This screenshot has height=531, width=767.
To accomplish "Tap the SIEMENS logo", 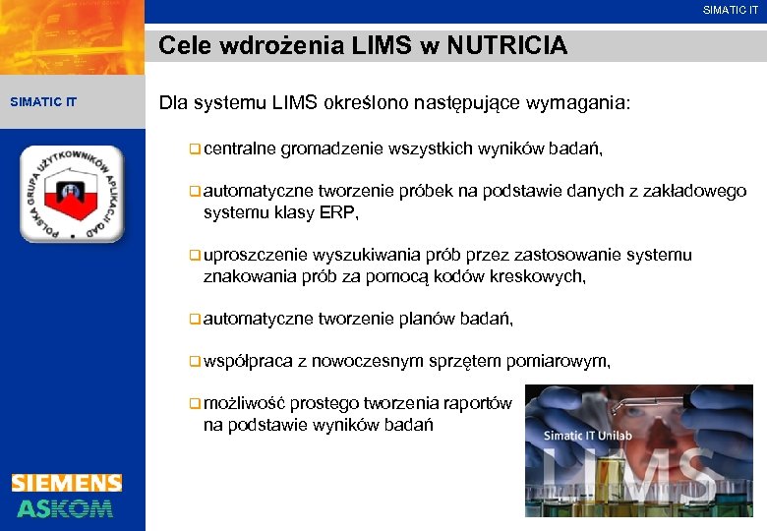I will (x=67, y=483).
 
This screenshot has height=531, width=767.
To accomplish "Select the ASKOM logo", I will (x=65, y=507).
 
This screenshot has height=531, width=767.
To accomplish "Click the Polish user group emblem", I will (x=72, y=194).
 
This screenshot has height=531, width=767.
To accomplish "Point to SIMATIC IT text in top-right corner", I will (x=731, y=11).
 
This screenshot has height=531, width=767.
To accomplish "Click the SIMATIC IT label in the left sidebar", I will (x=43, y=101).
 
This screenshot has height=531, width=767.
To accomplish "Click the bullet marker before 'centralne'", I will (x=196, y=149).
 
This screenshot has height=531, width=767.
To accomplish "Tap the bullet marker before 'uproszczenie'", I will (x=196, y=256).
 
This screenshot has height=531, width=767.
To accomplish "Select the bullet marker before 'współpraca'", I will (x=196, y=362).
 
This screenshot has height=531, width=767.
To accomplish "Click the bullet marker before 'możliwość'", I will (x=196, y=404).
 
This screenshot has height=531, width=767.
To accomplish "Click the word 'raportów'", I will (x=478, y=404).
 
